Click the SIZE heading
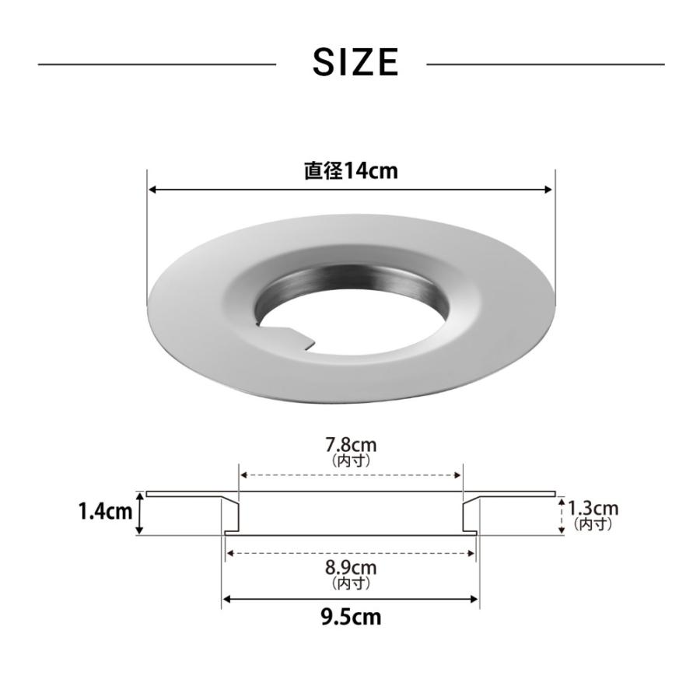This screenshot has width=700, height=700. coord(355,62)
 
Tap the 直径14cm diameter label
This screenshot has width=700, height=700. coord(351,171)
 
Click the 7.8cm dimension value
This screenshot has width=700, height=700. coord(351,445)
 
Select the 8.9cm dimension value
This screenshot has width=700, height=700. coord(351,568)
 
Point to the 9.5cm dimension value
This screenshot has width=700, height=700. coord(351,617)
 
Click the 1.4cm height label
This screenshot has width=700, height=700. coord(105,511)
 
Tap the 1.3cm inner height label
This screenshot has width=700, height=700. coord(593,509)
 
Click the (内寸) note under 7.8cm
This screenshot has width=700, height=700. coord(351,460)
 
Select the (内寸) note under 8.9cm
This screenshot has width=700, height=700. coord(351,583)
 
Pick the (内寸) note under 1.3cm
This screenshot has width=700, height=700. coord(593,523)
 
